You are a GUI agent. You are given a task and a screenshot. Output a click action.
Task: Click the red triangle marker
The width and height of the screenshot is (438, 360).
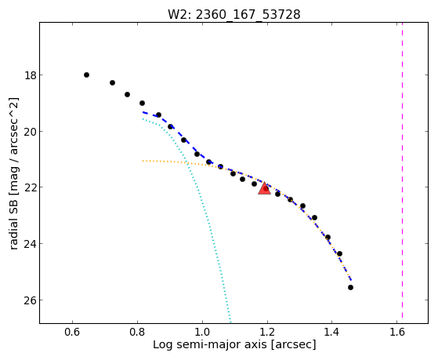point(264,188)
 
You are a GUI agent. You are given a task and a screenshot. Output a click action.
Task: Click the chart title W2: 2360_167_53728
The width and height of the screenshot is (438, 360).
point(233,15)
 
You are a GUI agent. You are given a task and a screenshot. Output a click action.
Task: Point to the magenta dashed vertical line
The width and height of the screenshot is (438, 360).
point(402,170)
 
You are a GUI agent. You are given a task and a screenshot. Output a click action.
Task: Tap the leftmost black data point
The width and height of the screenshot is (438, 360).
point(87,75)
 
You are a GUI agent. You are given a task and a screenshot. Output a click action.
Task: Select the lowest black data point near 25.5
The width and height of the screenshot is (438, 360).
point(350,288)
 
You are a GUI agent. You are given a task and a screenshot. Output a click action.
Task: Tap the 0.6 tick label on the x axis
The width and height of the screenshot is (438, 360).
point(73,332)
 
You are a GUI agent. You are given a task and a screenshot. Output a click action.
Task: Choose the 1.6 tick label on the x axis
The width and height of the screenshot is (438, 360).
point(396,332)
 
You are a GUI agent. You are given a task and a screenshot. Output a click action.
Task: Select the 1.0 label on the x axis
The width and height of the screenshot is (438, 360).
point(202,332)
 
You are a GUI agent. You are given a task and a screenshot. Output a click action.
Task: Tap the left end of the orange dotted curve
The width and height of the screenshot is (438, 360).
point(143,161)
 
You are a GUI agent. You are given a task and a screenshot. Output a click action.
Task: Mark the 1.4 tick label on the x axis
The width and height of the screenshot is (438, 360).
point(332,332)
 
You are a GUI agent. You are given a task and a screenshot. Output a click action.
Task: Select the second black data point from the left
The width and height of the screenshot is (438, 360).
point(112,83)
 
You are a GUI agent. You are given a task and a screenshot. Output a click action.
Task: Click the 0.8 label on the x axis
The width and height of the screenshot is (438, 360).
point(137,332)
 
